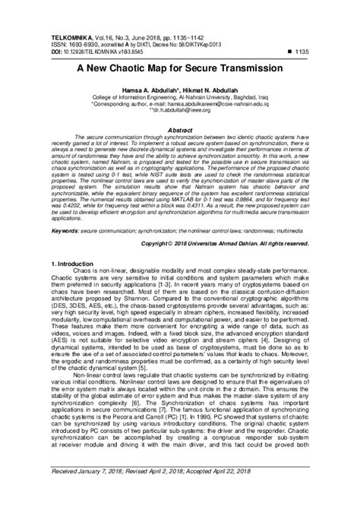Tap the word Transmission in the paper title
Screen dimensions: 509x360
251,67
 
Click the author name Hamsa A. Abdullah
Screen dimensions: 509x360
145,90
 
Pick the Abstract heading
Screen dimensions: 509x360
180,130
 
